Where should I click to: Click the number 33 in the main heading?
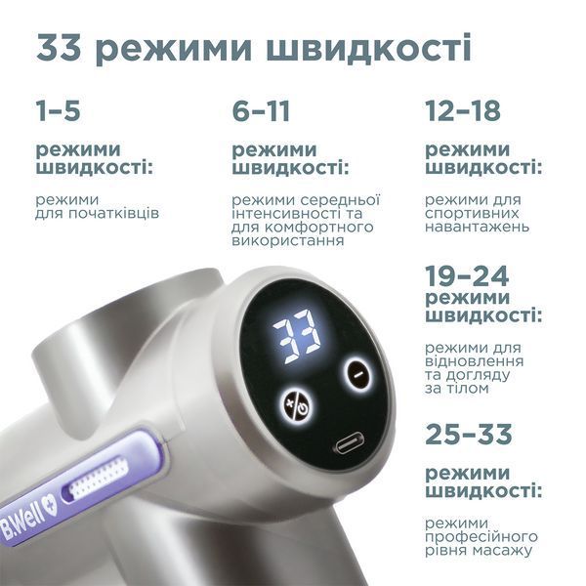point(59,48)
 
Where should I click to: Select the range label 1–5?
point(58,109)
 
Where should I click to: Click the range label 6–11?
point(261,109)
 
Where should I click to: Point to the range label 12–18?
point(463,109)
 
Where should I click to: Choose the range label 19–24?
point(467,275)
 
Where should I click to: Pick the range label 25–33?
point(468,434)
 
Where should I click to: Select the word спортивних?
point(472,214)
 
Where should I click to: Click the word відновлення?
point(475,361)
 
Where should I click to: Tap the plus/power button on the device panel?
point(296,404)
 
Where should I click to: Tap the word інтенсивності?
point(286,214)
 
